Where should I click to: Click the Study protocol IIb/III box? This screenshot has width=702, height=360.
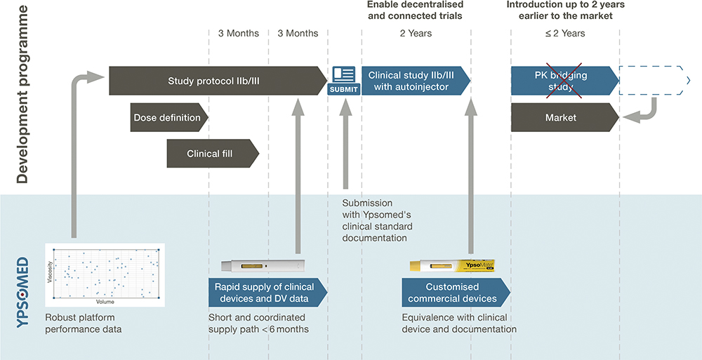(x=214, y=81)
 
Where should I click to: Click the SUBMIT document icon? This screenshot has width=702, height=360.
(x=344, y=77)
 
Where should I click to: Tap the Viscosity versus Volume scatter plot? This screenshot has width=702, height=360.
(x=105, y=274)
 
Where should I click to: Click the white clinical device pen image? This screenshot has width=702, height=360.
(x=263, y=265)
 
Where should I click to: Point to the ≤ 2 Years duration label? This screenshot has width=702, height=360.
(x=564, y=33)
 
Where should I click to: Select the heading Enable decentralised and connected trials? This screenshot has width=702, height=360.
(x=415, y=11)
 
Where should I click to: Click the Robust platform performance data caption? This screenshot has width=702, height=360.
(x=83, y=324)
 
